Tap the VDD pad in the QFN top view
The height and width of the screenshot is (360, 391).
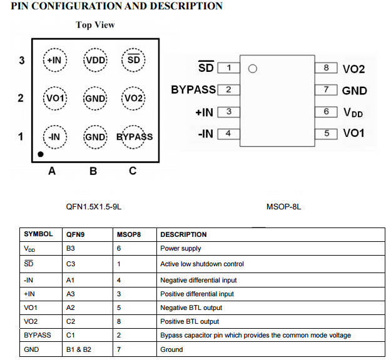95,60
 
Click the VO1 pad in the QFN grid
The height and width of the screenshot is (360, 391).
55,99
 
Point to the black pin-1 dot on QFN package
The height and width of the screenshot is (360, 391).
41,153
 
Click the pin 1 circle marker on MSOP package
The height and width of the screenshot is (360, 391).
253,69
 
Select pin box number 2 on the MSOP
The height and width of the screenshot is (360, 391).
228,89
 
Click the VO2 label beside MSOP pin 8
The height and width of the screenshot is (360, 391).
353,69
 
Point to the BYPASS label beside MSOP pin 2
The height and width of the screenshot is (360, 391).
193,90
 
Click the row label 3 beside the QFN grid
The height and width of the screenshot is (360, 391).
21,61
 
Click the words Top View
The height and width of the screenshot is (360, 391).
95,25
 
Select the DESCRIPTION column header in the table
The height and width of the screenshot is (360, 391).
183,234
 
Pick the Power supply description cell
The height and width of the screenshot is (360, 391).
181,248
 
